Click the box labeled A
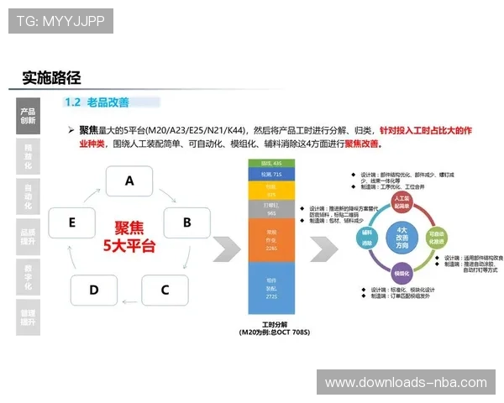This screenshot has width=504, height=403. click(x=129, y=180)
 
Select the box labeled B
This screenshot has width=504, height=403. click(x=186, y=222)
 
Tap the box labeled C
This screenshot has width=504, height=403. click(x=165, y=290)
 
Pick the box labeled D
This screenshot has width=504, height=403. click(x=93, y=290)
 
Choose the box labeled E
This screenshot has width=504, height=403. click(x=72, y=222)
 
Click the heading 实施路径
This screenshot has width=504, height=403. click(x=51, y=78)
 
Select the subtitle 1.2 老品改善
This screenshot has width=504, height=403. click(x=97, y=102)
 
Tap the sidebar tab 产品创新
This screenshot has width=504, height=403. click(x=28, y=115)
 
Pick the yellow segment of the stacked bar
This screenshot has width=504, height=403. click(x=270, y=191)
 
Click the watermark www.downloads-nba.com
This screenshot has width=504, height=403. click(x=406, y=382)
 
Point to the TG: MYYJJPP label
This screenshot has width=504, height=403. click(x=60, y=20)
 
